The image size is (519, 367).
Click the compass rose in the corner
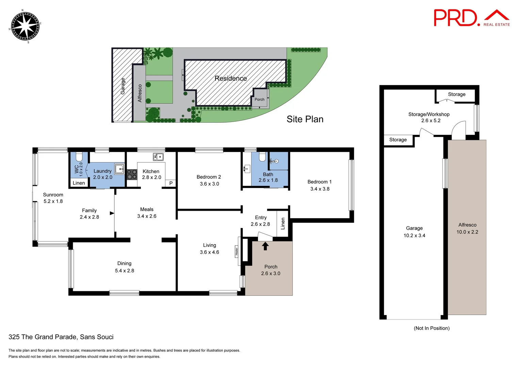click(25, 27)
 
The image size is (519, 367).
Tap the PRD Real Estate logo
click(471, 18)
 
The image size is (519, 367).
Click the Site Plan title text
click(305, 119)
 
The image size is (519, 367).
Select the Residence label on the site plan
click(231, 78)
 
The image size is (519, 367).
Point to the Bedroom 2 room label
click(209, 177)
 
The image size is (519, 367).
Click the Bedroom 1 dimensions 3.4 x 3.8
click(320, 189)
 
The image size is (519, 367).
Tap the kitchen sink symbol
click(158, 157)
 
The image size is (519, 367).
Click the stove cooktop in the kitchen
click(132, 175)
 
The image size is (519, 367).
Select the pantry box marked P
click(171, 183)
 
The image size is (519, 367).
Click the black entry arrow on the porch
click(265, 246)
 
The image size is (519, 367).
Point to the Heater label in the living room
click(237, 251)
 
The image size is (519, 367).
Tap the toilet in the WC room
click(79, 157)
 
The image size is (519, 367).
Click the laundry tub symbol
click(119, 169)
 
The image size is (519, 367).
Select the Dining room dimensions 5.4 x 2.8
click(125, 271)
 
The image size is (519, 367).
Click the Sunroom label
click(53, 195)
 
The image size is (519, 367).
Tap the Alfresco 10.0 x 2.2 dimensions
click(467, 232)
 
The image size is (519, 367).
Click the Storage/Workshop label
click(429, 115)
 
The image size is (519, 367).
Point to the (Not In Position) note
click(432, 328)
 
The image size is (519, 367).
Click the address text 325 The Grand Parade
click(61, 337)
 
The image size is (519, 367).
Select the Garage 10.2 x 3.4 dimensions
click(414, 235)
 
